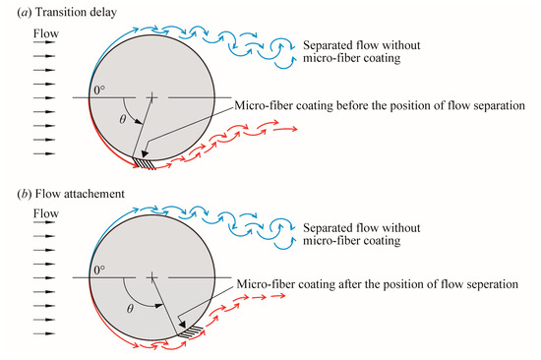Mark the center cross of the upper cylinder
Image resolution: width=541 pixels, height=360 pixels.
[150, 97]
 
